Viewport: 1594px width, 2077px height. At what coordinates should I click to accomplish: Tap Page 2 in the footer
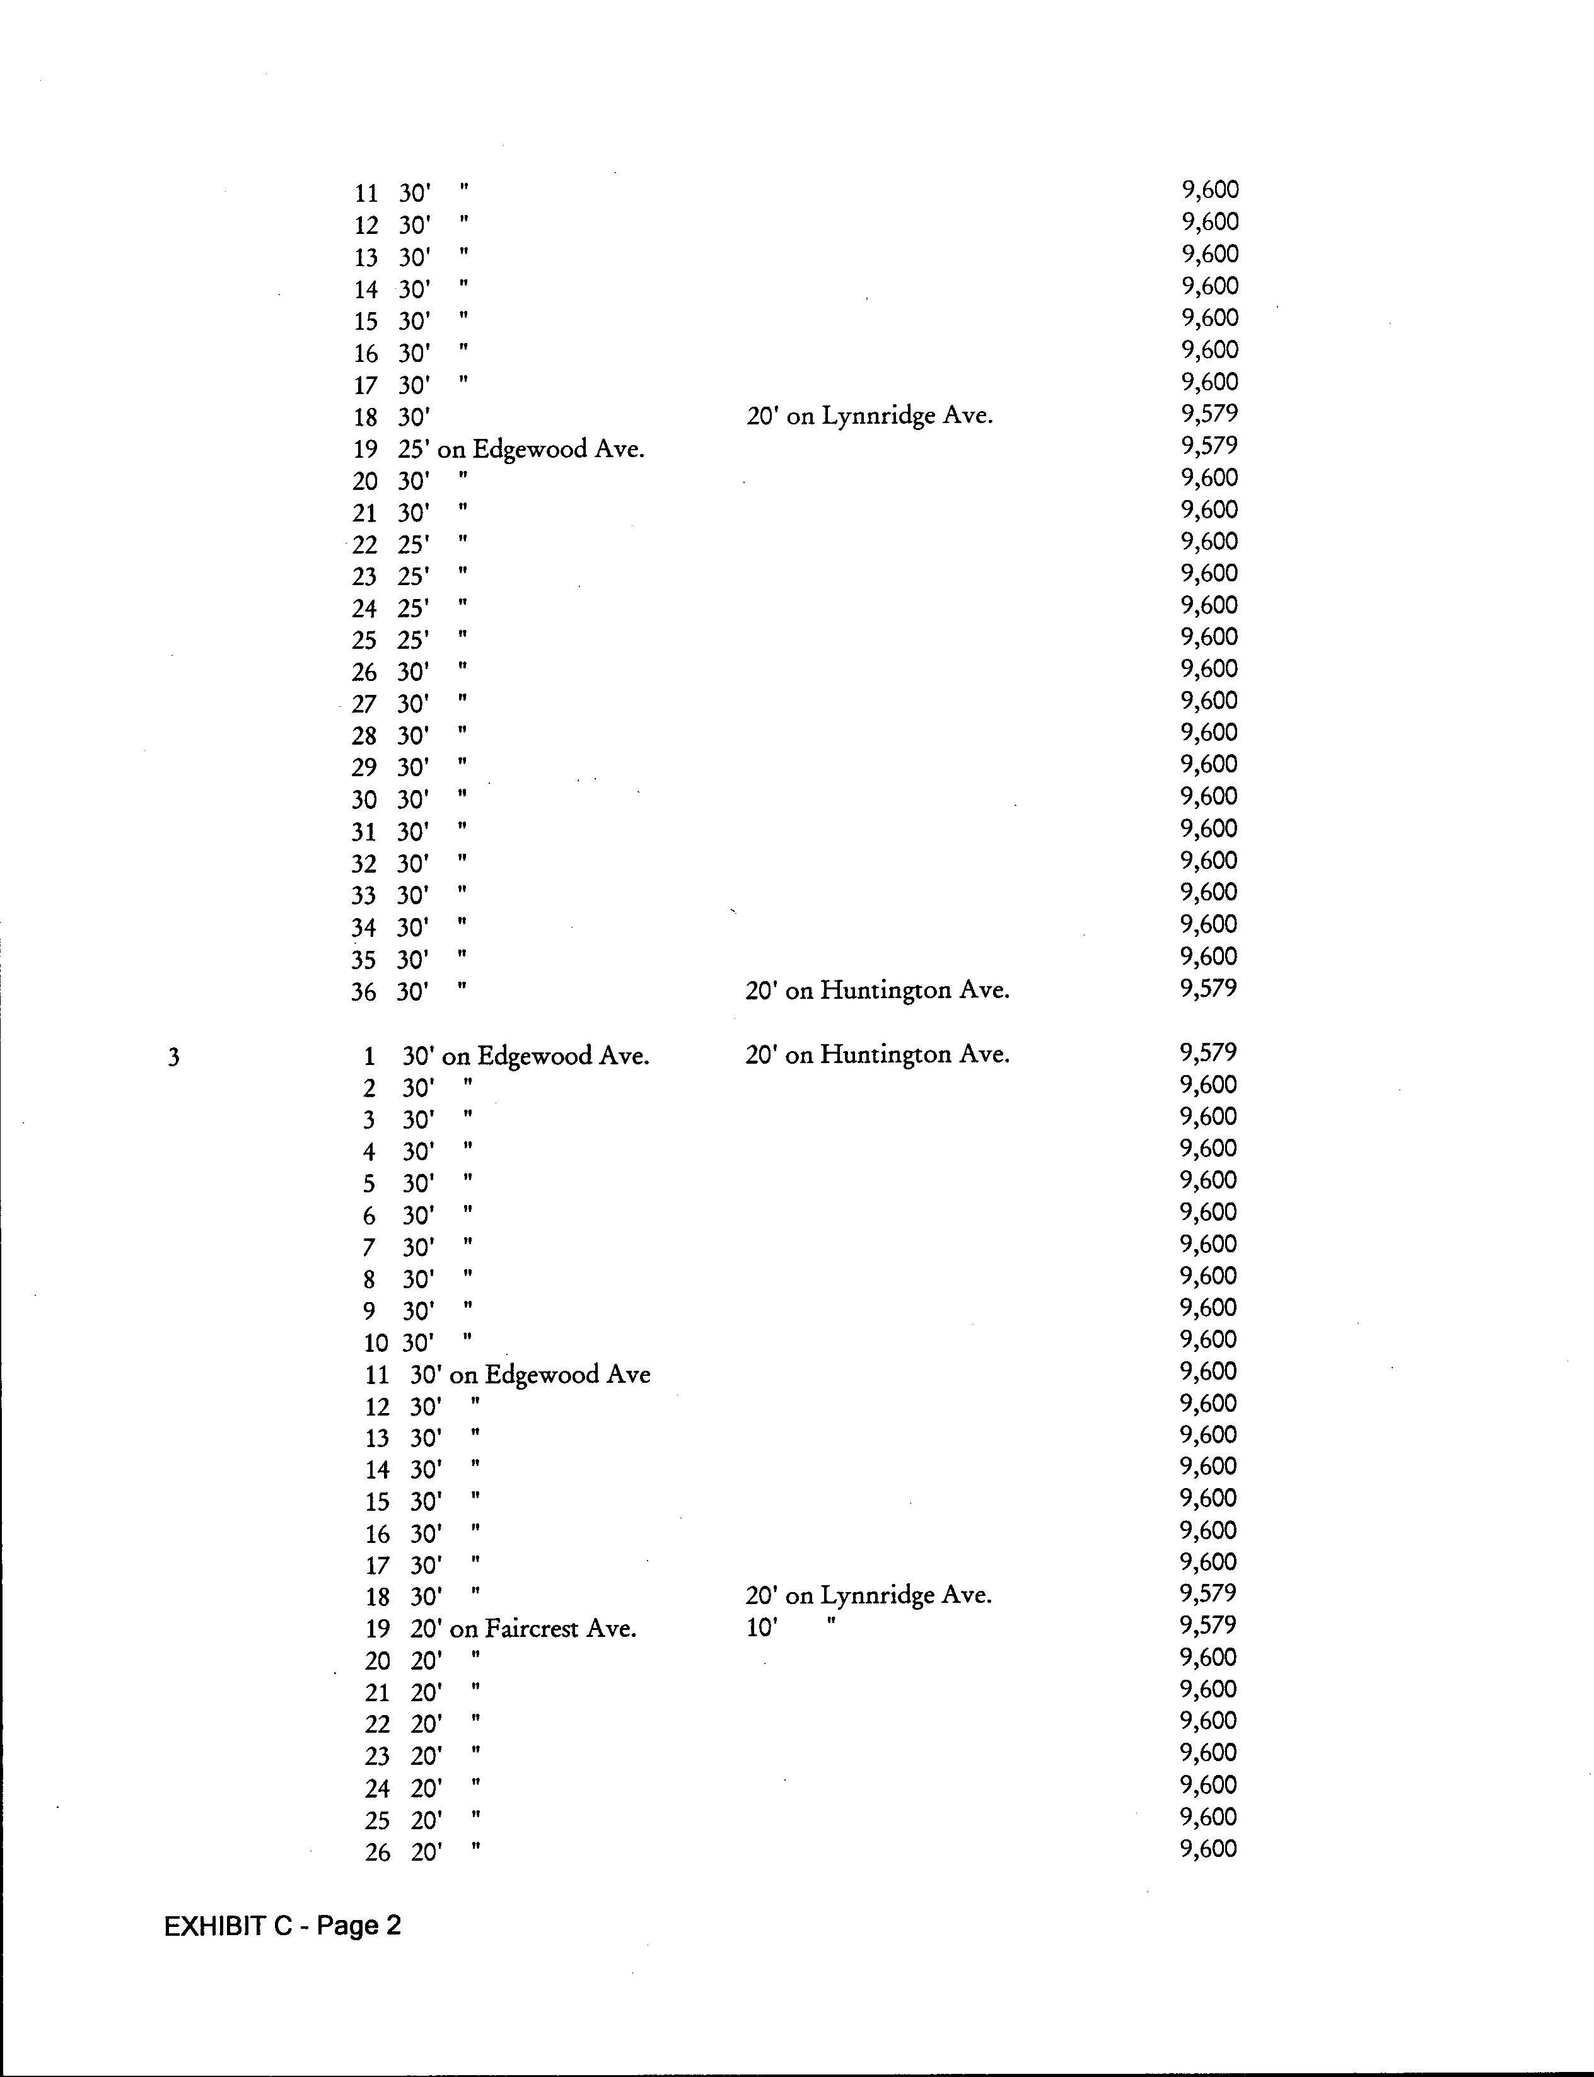click(359, 1925)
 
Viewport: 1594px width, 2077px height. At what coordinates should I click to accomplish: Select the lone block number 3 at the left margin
click(173, 1057)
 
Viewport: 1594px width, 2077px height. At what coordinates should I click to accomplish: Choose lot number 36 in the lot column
click(363, 992)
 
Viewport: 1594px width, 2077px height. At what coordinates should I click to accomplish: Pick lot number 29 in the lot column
click(363, 767)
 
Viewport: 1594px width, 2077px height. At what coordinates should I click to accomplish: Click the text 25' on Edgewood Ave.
click(521, 449)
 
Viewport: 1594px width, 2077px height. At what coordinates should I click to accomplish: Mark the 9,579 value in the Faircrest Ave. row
click(1208, 1626)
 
